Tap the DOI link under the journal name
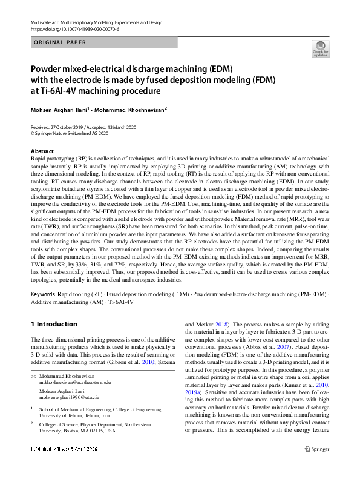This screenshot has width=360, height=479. (74, 29)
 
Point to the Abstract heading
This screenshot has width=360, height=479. (42, 151)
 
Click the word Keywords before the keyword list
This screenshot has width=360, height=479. (42, 294)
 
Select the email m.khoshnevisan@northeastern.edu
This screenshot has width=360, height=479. (74, 383)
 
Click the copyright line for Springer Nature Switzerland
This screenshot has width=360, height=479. (69, 133)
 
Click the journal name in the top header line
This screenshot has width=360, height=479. (96, 23)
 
